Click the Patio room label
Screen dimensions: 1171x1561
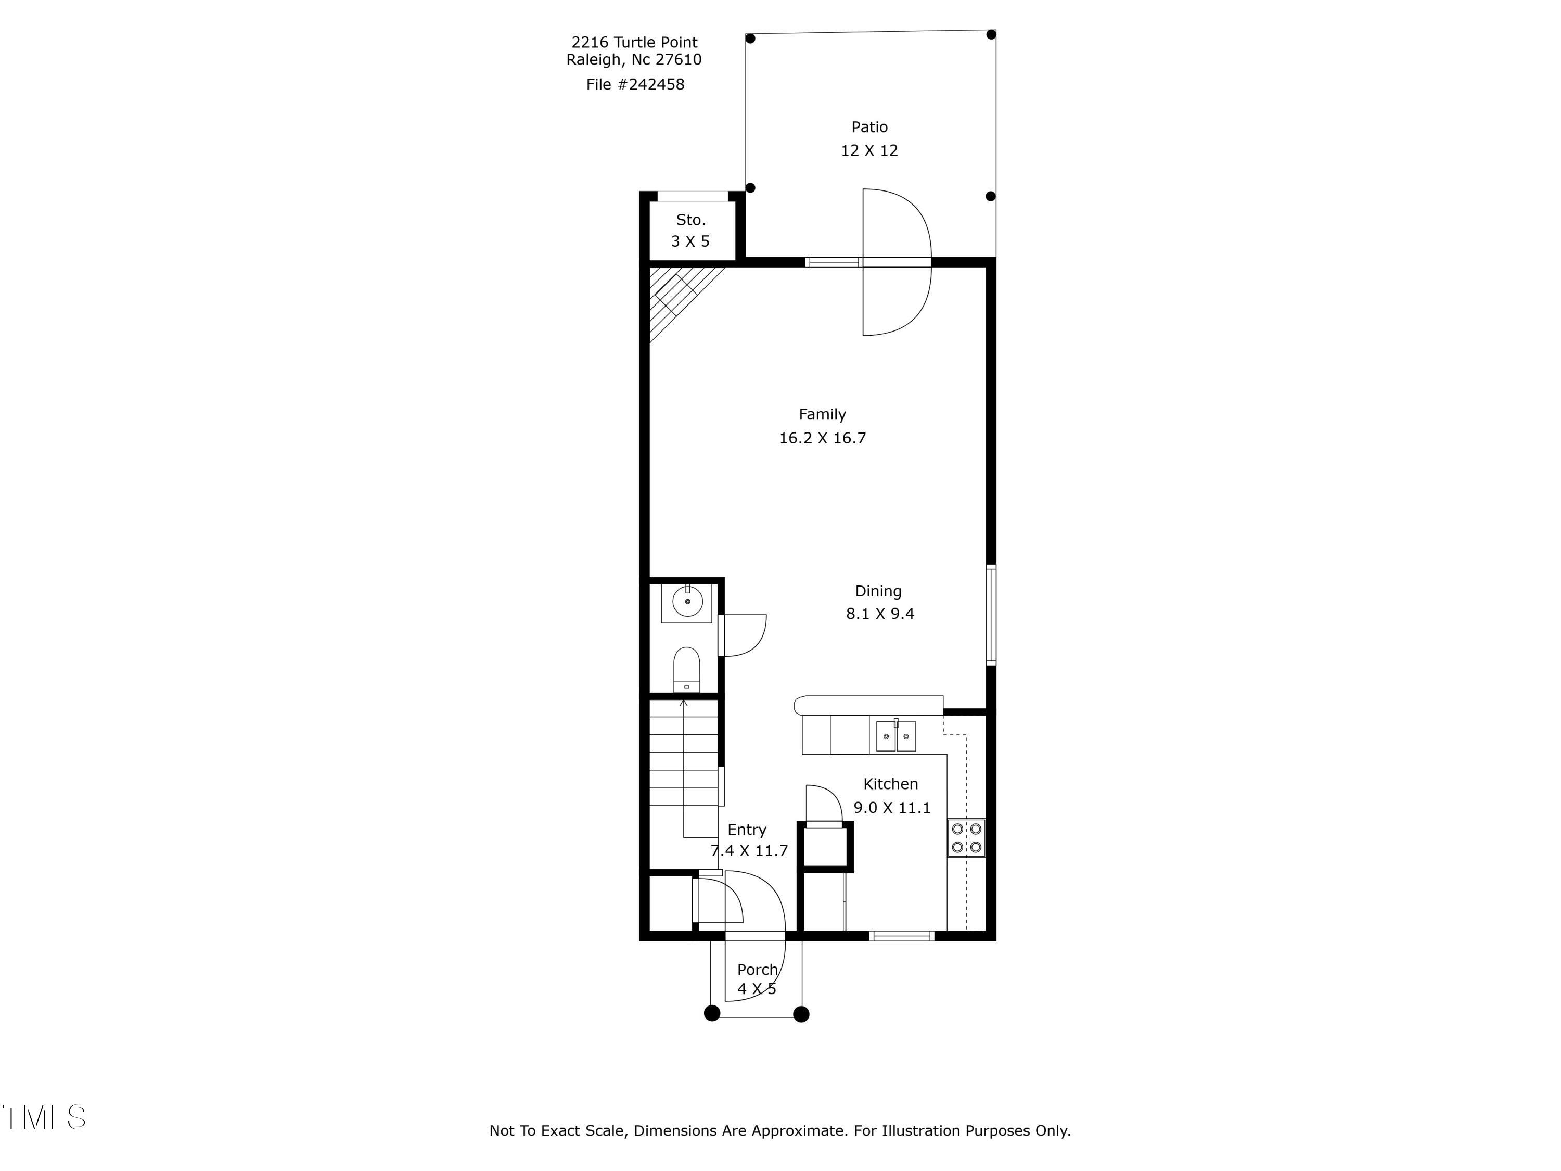coord(869,127)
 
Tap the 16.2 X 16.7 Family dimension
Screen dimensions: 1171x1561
coord(822,438)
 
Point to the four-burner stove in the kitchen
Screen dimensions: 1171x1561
coord(966,838)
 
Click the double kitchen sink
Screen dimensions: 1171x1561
coord(895,736)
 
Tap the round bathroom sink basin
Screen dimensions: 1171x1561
coord(687,602)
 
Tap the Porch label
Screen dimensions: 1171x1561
coord(757,970)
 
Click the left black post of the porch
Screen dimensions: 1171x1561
coord(712,1014)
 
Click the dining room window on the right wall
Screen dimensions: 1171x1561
coord(991,615)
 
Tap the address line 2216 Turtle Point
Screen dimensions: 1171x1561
coord(634,42)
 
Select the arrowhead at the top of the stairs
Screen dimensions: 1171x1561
coord(683,703)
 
